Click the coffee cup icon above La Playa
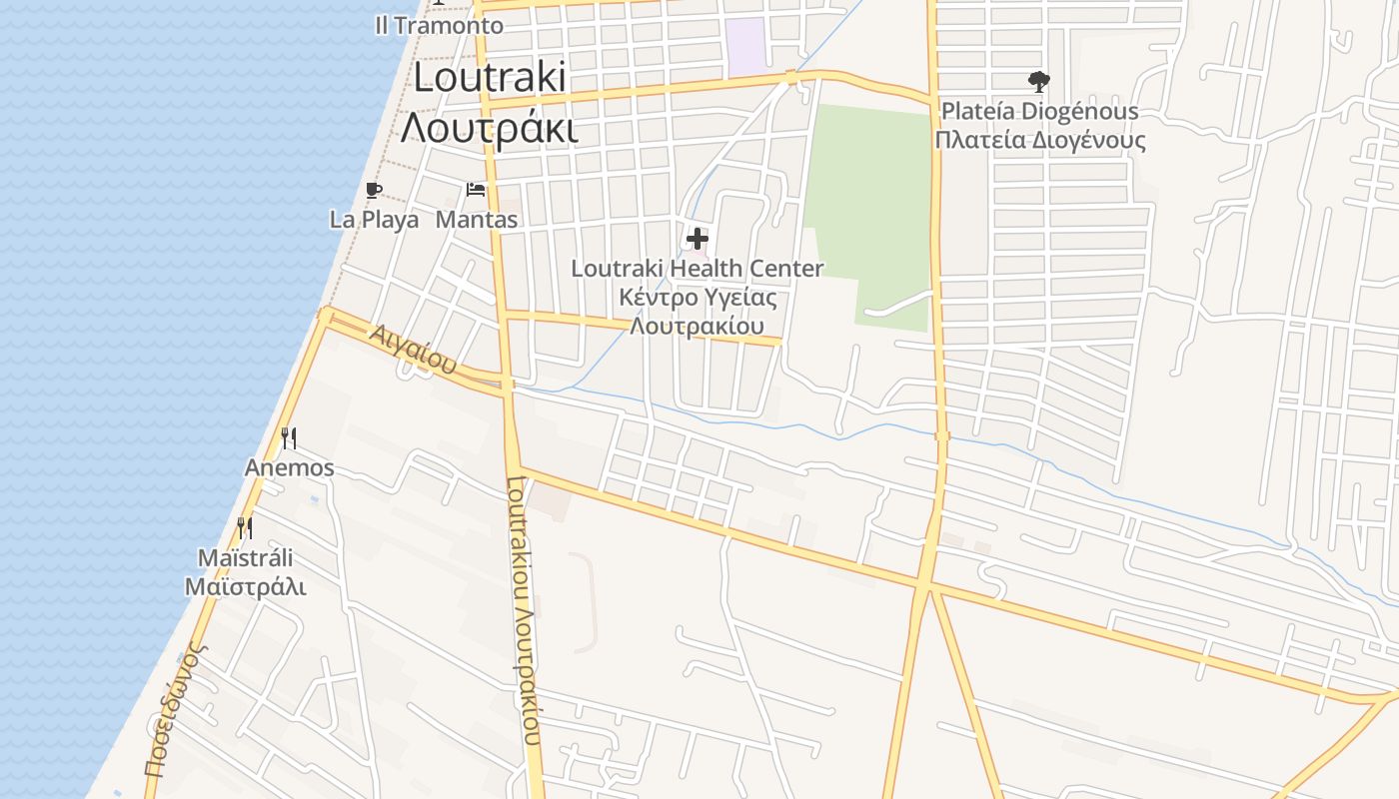tap(374, 190)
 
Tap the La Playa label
tap(375, 220)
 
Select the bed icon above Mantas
tap(476, 190)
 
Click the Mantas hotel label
tap(477, 220)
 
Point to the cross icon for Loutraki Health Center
tap(698, 239)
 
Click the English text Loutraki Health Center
tap(698, 269)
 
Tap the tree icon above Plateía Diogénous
tap(1039, 81)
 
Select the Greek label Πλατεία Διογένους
tap(1040, 140)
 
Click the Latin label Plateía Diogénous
tap(1040, 111)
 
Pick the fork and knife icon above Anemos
tap(289, 437)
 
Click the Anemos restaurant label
tap(290, 467)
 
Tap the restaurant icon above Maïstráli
tap(245, 527)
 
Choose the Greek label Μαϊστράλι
tap(246, 586)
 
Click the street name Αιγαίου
tap(413, 349)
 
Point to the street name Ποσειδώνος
tap(175, 709)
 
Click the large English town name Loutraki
tap(490, 78)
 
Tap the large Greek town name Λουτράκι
tap(490, 128)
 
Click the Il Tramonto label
tap(440, 25)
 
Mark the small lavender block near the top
tap(745, 46)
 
